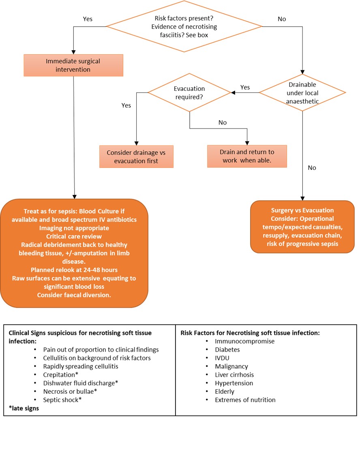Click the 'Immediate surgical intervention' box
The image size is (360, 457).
73,65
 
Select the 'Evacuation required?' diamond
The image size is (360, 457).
189,93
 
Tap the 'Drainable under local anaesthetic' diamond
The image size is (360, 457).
302,93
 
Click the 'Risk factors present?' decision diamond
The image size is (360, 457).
184,26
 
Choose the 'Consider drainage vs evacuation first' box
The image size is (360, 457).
137,157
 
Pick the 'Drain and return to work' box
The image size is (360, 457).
247,156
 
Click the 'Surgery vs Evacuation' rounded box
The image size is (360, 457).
302,227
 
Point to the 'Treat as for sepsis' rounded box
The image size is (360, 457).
74,253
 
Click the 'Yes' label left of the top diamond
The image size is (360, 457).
88,19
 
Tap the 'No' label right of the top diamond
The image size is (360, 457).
282,19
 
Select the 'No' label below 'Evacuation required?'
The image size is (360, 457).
223,122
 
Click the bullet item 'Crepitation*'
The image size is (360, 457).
61,375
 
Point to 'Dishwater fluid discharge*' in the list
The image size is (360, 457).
80,383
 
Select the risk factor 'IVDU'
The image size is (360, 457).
222,358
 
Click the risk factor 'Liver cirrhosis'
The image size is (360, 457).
234,375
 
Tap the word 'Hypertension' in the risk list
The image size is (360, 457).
234,383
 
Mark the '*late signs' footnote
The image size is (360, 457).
24,408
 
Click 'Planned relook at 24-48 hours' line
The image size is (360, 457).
74,270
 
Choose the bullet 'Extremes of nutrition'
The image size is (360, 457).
245,400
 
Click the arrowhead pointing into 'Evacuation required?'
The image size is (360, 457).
233,93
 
